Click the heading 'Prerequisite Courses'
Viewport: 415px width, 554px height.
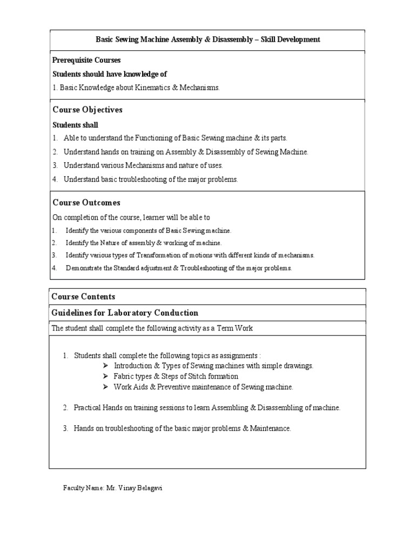click(x=86, y=60)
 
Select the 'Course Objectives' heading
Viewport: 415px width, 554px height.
click(x=87, y=110)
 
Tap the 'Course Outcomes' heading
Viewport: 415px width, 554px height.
click(x=86, y=203)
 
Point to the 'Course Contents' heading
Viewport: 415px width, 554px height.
click(x=83, y=296)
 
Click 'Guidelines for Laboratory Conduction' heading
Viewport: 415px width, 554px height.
click(x=125, y=313)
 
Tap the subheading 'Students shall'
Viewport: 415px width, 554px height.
click(x=75, y=125)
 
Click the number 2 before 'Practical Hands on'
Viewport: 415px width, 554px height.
click(x=65, y=408)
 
